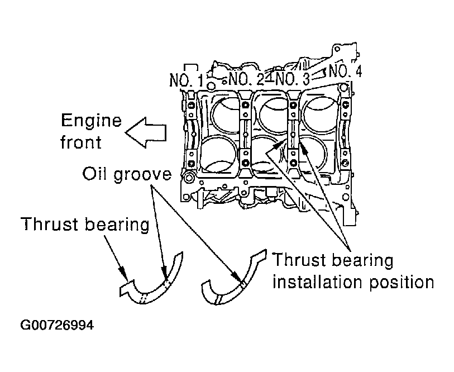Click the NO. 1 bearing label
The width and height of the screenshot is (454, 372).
pyautogui.click(x=187, y=80)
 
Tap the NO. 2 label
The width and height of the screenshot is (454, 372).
pyautogui.click(x=246, y=79)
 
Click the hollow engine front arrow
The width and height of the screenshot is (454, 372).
pyautogui.click(x=146, y=133)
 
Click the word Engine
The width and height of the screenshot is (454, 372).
pyautogui.click(x=91, y=121)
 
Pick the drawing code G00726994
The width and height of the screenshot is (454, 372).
pyautogui.click(x=57, y=325)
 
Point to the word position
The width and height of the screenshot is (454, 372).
pyautogui.click(x=402, y=283)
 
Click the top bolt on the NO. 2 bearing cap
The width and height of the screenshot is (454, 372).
pyautogui.click(x=246, y=105)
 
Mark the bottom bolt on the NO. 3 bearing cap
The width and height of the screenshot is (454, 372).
pyautogui.click(x=293, y=161)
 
